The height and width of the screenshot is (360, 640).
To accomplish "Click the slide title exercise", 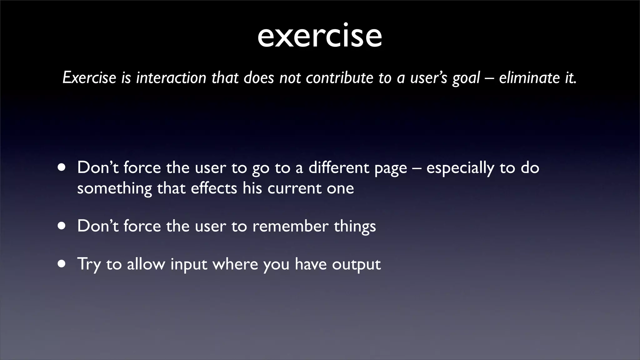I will click(x=320, y=36).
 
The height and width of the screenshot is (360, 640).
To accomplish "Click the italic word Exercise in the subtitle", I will click(x=89, y=78).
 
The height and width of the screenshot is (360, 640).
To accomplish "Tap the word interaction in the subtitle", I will click(x=171, y=78).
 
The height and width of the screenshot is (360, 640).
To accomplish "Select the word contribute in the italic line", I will click(x=339, y=78).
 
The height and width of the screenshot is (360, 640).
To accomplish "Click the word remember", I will click(x=290, y=226).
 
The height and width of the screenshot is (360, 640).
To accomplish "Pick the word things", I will click(x=355, y=227).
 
